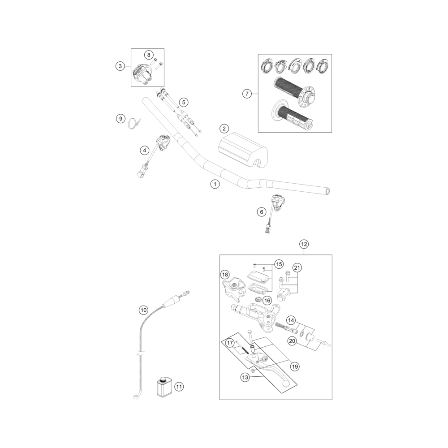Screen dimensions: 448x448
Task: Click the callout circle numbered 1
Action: click(215, 184)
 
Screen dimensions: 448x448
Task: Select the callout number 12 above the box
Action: click(304, 244)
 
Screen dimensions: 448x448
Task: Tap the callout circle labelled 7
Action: click(247, 94)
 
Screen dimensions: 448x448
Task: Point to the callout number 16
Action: click(267, 300)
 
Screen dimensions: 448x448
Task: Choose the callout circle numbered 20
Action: click(292, 341)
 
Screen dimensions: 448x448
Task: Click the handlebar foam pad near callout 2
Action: click(243, 151)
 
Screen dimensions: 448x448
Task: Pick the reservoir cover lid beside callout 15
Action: click(258, 276)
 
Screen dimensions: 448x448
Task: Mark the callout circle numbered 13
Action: click(245, 377)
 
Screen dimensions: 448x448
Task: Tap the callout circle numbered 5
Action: click(184, 102)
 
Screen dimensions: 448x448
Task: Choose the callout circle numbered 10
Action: click(143, 310)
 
